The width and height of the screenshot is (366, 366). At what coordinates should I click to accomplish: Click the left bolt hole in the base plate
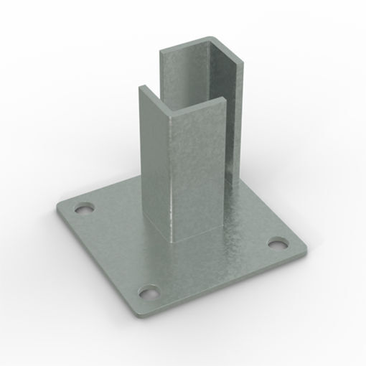point(84,209)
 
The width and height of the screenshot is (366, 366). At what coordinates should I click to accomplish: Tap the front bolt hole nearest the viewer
point(149,292)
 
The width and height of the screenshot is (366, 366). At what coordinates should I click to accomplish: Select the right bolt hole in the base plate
point(277,243)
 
